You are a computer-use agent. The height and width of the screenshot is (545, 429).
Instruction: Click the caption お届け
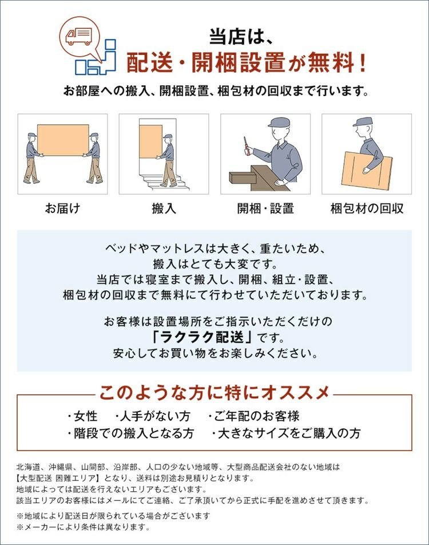[x=62, y=208]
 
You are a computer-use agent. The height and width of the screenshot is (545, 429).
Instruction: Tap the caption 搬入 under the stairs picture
[x=164, y=208]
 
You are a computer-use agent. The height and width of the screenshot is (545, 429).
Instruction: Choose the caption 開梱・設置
[x=265, y=208]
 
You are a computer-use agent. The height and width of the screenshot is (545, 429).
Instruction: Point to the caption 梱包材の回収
[x=367, y=208]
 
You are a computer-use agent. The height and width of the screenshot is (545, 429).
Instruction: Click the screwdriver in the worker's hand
[x=246, y=145]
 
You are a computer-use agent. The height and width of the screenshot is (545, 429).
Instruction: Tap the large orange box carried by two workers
[x=63, y=140]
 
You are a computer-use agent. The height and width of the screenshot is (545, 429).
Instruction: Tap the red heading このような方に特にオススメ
[x=214, y=393]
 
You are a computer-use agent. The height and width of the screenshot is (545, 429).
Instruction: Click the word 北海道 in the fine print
[x=27, y=467]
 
